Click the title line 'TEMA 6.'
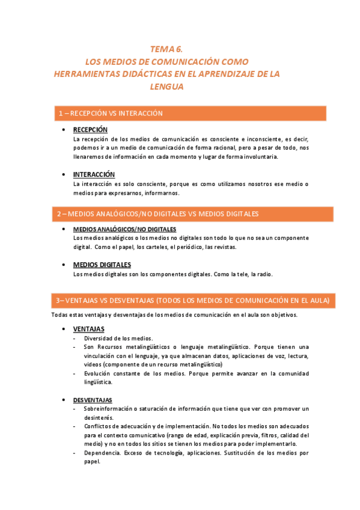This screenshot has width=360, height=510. click(x=166, y=50)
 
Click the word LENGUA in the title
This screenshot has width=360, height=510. click(x=166, y=86)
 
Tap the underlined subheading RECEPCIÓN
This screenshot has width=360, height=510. click(x=90, y=130)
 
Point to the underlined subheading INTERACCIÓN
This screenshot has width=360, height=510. click(x=94, y=174)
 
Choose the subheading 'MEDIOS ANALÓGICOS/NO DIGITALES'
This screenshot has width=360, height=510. click(x=124, y=230)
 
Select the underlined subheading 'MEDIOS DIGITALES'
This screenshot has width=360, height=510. click(x=102, y=265)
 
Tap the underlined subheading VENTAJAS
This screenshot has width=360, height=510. click(x=88, y=329)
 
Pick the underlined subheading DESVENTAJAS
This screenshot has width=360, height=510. click(x=93, y=400)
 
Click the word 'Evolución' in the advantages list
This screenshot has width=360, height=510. click(x=98, y=373)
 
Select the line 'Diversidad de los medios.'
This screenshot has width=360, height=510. click(x=118, y=339)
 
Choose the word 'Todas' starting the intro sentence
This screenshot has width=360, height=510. click(x=59, y=315)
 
